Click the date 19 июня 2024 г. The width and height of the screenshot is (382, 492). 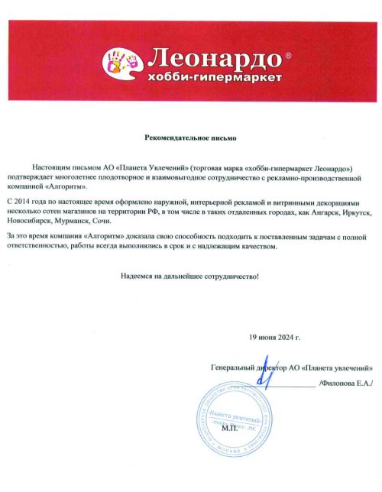tap(275, 336)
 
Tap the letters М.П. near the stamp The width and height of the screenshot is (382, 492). tap(229, 430)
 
